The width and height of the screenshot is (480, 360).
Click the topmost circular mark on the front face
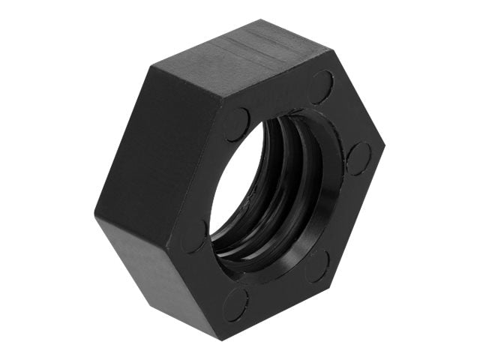tap(322, 87)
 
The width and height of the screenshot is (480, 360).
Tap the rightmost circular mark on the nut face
tap(358, 157)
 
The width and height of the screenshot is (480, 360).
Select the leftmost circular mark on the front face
tap(193, 235)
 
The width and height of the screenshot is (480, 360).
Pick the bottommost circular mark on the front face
tap(235, 304)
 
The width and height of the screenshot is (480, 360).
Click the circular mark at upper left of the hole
tap(237, 124)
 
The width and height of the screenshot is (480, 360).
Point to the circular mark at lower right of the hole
tap(317, 265)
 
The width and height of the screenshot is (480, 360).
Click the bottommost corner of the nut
tap(223, 340)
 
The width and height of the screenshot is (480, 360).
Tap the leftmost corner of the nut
tap(95, 216)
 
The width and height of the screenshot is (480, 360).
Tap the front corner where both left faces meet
tap(168, 247)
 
